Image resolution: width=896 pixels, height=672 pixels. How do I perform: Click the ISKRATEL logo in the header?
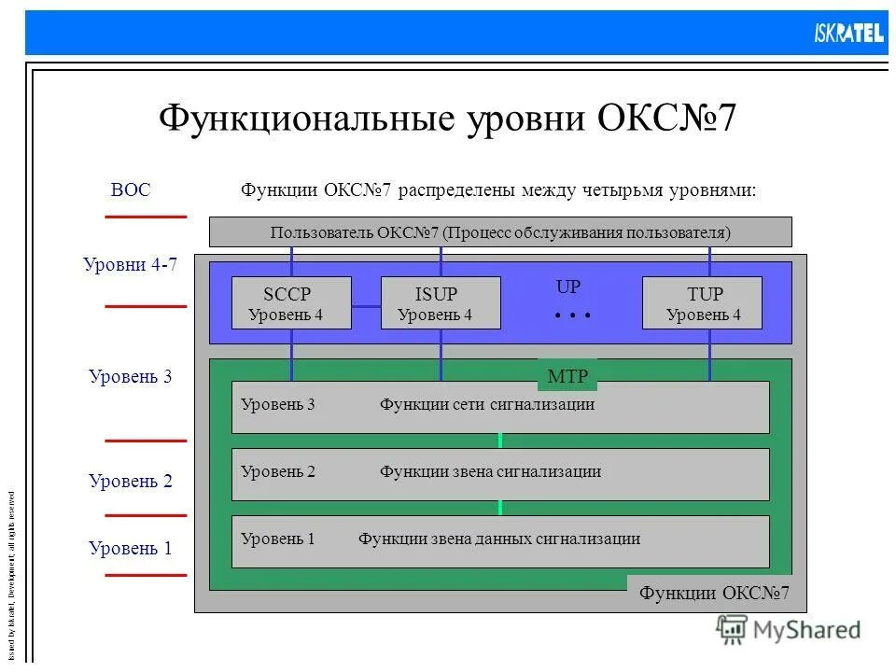(847, 33)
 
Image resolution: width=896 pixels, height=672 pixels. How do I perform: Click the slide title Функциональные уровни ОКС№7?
(447, 119)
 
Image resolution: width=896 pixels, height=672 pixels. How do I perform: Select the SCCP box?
(291, 302)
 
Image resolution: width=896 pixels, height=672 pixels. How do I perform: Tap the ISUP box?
(441, 302)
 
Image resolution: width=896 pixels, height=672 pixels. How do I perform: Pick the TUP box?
(702, 302)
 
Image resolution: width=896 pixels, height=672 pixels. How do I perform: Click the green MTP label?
(567, 376)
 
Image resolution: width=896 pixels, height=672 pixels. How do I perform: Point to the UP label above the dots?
(568, 287)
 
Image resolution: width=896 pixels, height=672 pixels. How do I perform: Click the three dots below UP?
(572, 316)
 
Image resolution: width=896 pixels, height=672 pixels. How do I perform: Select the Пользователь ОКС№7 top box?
(500, 232)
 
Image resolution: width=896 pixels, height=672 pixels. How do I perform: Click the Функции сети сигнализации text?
(486, 405)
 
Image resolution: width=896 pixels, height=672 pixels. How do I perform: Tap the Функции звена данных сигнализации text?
(498, 539)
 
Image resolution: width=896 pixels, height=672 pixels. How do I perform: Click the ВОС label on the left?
(130, 190)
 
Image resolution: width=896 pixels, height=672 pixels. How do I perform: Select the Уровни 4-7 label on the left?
(130, 265)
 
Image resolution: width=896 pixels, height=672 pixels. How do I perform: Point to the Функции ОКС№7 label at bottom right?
(714, 593)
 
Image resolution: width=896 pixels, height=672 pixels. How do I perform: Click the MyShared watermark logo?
(789, 630)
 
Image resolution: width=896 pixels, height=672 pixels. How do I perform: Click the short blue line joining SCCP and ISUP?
(366, 305)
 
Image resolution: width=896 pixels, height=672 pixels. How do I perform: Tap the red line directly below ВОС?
(146, 217)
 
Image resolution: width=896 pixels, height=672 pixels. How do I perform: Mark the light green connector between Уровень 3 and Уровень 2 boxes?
(500, 441)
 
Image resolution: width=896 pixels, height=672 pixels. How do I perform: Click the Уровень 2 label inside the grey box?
(277, 472)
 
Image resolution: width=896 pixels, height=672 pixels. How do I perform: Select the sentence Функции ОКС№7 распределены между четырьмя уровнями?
(498, 190)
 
